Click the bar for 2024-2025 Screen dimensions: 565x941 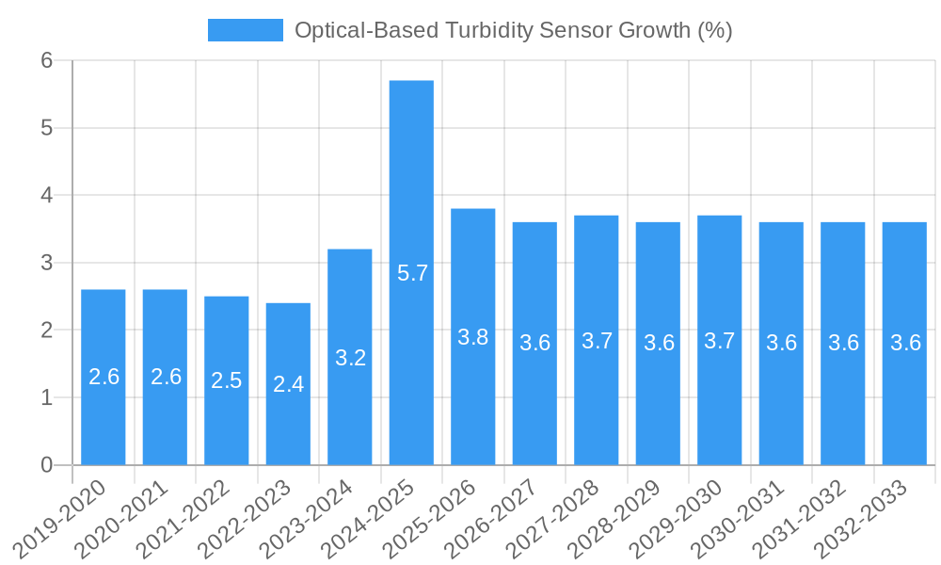point(411,273)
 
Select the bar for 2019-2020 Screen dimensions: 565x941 point(104,377)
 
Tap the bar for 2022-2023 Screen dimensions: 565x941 point(288,384)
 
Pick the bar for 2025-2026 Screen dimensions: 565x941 point(473,337)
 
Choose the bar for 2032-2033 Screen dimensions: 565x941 point(904,344)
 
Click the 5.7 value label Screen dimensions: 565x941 point(412,274)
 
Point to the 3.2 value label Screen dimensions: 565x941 point(350,358)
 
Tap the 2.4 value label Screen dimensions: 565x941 point(288,384)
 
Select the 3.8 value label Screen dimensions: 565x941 point(473,337)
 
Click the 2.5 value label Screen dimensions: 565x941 point(227,380)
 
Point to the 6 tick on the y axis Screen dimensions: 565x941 point(46,60)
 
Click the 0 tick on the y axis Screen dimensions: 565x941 point(46,465)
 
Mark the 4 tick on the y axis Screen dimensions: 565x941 point(46,196)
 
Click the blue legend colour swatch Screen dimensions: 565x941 point(245,30)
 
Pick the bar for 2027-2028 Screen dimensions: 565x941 point(597,341)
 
